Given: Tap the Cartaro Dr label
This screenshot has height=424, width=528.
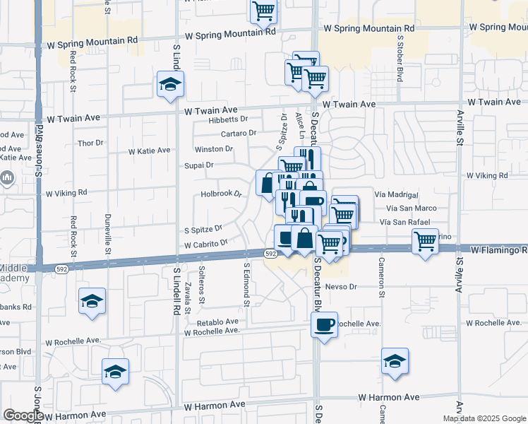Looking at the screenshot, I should (238, 133).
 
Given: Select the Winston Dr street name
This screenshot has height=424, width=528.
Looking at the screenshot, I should (214, 149).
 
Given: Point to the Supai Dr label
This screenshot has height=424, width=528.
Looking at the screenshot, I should (199, 165).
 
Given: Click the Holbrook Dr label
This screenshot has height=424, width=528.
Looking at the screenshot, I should (221, 193).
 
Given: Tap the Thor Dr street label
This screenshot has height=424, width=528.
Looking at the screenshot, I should (91, 143).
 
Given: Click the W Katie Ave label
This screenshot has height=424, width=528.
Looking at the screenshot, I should (150, 151).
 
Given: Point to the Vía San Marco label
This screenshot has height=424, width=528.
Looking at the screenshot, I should (412, 208).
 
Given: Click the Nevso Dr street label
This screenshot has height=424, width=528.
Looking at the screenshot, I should (342, 287).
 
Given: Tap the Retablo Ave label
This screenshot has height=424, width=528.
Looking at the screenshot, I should (212, 322).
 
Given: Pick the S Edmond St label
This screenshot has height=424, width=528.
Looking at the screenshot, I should (246, 285).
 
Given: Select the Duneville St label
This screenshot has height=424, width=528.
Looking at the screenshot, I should (108, 234).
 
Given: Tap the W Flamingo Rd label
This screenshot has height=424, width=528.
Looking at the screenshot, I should (498, 250).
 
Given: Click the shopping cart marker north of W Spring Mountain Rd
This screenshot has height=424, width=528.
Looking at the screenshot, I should (263, 11).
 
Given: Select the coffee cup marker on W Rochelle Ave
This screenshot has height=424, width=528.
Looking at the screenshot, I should (324, 325).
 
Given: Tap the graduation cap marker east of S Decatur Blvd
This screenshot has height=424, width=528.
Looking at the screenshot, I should (395, 361).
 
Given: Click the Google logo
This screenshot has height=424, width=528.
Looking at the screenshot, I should (23, 416).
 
